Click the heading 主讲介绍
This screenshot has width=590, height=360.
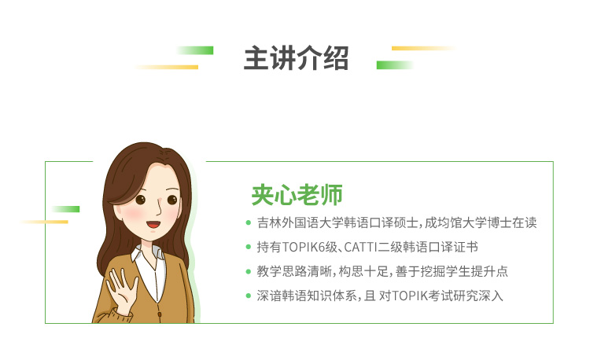click(296, 58)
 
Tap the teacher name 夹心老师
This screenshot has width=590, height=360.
click(297, 195)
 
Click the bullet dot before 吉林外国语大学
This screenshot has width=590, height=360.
click(249, 223)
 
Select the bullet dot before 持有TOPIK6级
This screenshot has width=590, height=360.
click(249, 247)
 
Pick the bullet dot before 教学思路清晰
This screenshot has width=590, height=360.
click(249, 271)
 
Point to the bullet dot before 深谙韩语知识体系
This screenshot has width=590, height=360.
click(249, 296)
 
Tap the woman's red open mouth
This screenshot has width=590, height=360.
click(153, 225)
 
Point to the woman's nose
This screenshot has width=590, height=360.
click(159, 210)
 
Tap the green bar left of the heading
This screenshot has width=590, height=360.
click(195, 50)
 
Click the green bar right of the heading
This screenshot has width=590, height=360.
click(395, 65)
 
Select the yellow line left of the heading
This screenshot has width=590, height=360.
click(167, 68)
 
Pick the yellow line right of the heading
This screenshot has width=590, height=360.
click(424, 48)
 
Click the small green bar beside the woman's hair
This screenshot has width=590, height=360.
click(65, 209)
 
